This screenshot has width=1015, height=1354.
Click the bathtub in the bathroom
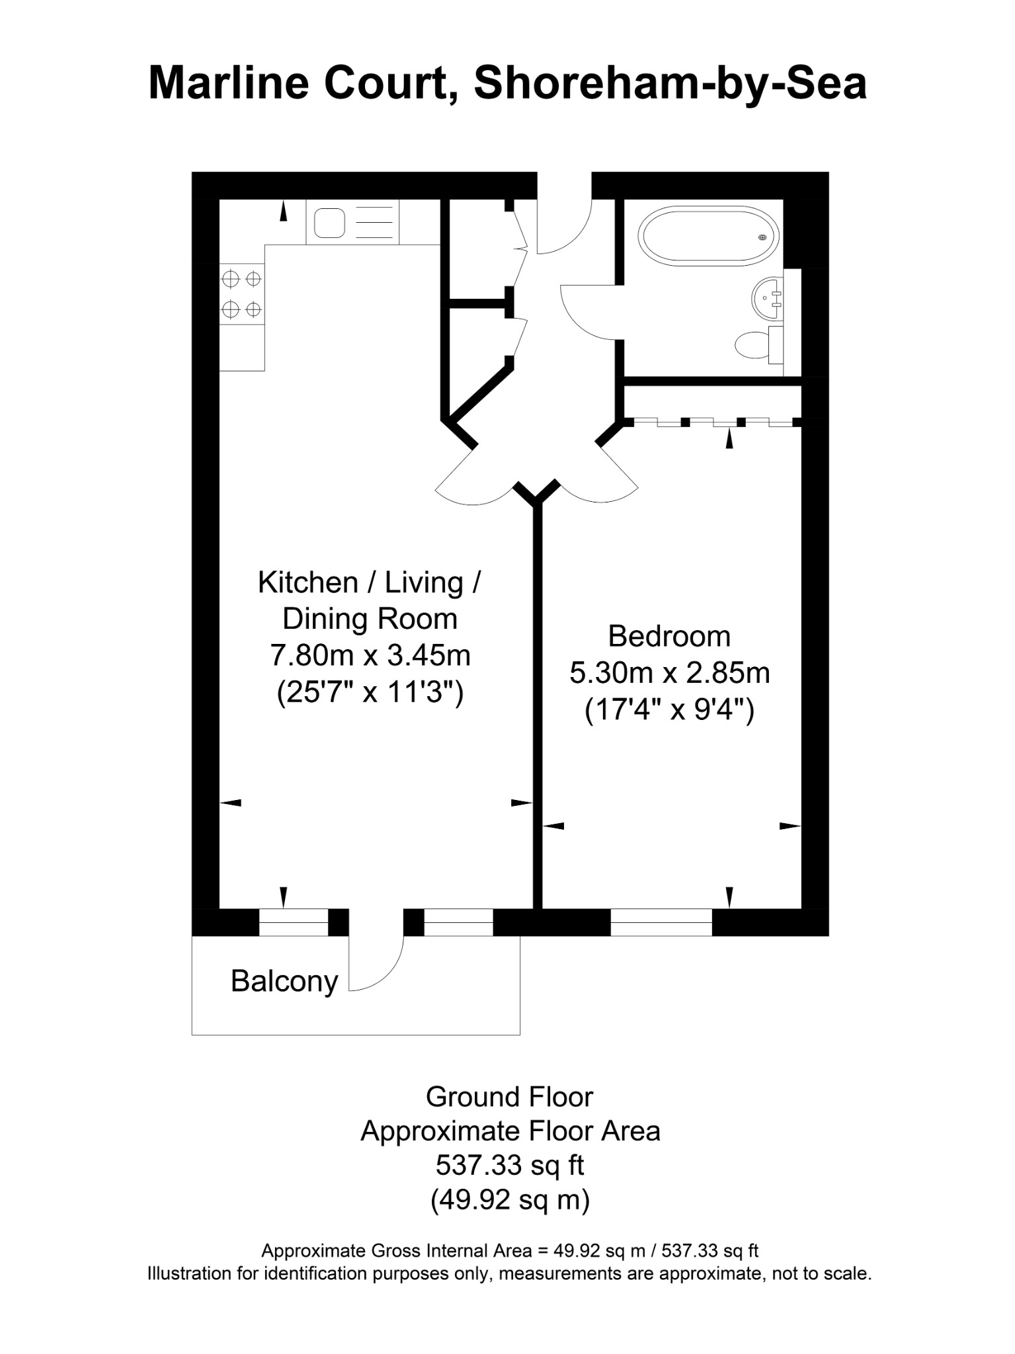(x=708, y=236)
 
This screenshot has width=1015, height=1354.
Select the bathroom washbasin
(x=767, y=298)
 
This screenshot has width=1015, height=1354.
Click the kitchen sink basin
(x=329, y=223)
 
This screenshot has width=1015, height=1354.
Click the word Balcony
(x=284, y=981)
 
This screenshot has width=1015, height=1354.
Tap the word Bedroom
(x=669, y=636)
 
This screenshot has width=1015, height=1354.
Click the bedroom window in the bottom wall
(x=661, y=922)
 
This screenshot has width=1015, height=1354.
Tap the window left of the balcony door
(x=294, y=922)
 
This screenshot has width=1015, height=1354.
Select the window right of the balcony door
(x=458, y=922)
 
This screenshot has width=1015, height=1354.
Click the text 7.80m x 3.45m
(x=370, y=656)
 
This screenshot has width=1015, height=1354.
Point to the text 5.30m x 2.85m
(x=670, y=673)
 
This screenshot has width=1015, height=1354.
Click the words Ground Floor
(x=509, y=1097)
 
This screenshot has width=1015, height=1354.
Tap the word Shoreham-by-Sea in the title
(x=670, y=84)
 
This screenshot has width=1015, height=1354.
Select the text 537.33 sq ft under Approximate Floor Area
(x=510, y=1165)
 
